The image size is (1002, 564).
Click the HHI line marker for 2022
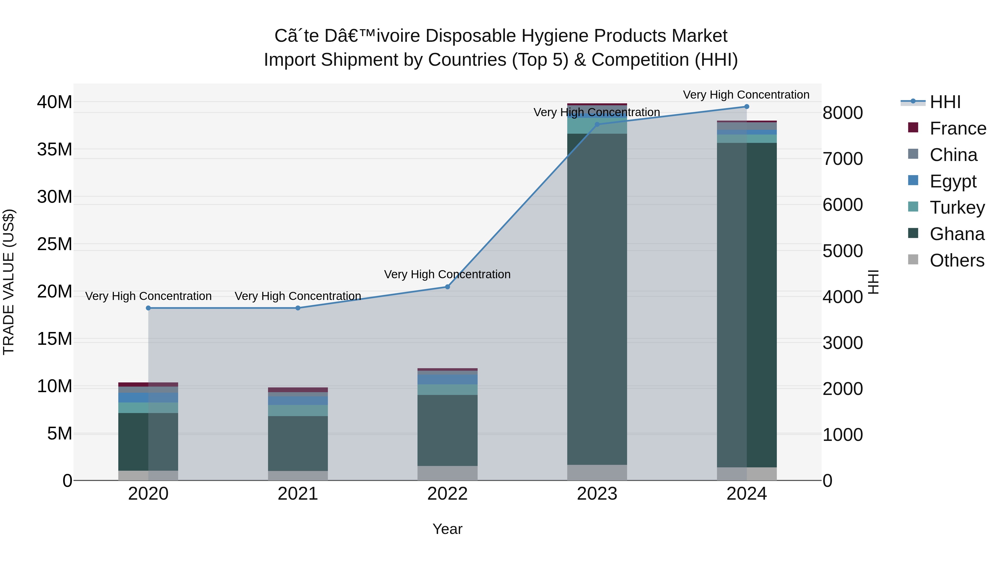[447, 287]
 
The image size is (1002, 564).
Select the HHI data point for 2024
[746, 107]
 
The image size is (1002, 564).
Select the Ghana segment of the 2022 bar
[447, 430]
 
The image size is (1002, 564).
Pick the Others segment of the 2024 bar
[746, 474]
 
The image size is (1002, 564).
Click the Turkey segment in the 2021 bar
[298, 411]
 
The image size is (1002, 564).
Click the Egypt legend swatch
[913, 180]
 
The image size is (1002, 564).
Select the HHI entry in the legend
[945, 102]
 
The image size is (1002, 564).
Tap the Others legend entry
[957, 260]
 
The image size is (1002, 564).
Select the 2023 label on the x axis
[597, 494]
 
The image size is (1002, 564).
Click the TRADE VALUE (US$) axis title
[9, 282]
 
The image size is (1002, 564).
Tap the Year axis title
[447, 529]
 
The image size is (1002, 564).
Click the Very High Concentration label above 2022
[447, 274]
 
